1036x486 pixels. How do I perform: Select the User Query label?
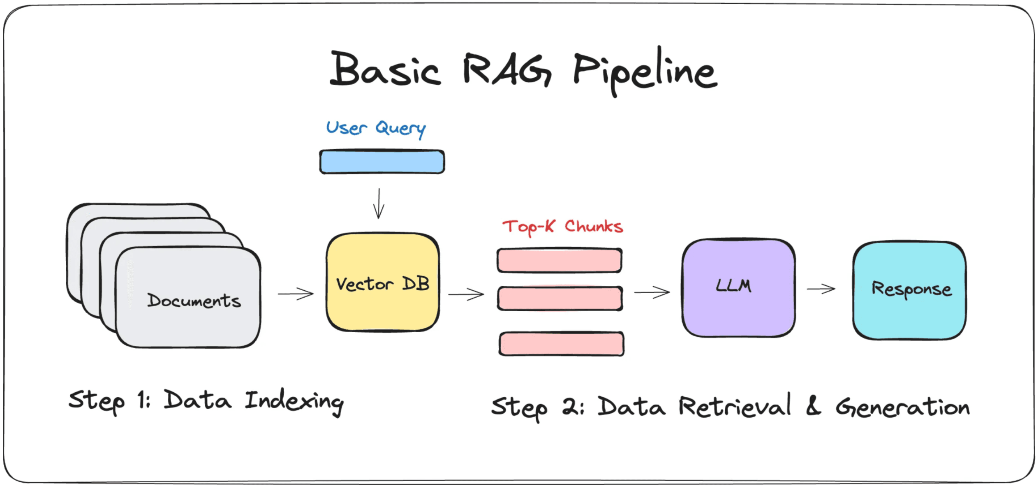pyautogui.click(x=376, y=129)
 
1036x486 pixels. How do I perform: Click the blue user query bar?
pyautogui.click(x=382, y=162)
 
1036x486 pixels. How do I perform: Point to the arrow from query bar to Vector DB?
pyautogui.click(x=379, y=204)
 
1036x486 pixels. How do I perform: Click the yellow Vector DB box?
pyautogui.click(x=383, y=282)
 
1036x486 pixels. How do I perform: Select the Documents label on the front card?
pyautogui.click(x=194, y=301)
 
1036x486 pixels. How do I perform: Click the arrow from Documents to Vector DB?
pyautogui.click(x=296, y=294)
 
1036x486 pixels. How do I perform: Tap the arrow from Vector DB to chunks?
pyautogui.click(x=466, y=294)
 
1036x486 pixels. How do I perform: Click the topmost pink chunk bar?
pyautogui.click(x=559, y=260)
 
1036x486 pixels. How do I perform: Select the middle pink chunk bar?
pyautogui.click(x=560, y=299)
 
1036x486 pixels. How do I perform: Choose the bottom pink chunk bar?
pyautogui.click(x=562, y=344)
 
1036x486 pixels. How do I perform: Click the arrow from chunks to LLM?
pyautogui.click(x=652, y=292)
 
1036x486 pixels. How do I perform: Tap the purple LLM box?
pyautogui.click(x=739, y=288)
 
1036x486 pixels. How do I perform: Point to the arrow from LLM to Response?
pyautogui.click(x=821, y=289)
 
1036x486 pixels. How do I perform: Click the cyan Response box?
pyautogui.click(x=909, y=291)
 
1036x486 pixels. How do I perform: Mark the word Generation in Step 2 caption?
pyautogui.click(x=903, y=407)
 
